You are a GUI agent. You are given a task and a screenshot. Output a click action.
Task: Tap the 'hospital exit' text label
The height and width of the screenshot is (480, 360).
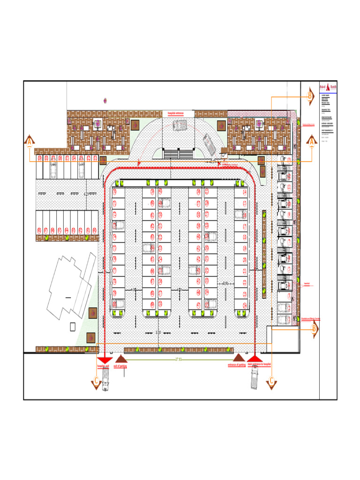pyautogui.click(x=103, y=366)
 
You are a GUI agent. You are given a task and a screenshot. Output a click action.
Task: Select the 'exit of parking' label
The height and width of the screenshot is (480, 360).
pyautogui.click(x=121, y=366)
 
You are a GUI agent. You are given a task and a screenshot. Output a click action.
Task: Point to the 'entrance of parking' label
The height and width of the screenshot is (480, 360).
pyautogui.click(x=237, y=365)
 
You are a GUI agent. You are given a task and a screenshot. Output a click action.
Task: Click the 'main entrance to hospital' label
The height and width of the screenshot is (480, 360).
pyautogui.click(x=260, y=364)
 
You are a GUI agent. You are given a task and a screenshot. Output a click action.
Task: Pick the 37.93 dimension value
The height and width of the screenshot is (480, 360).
pyautogui.click(x=178, y=360)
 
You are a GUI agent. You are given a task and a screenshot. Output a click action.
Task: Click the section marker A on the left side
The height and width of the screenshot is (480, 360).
pyautogui.click(x=30, y=141)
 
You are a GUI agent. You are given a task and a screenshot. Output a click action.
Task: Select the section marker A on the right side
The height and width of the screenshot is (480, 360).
pyautogui.click(x=311, y=141)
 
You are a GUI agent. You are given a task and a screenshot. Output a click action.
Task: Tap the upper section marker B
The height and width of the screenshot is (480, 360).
pyautogui.click(x=310, y=97)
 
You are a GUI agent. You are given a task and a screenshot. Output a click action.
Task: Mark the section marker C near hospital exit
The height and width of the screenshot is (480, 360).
pyautogui.click(x=96, y=382)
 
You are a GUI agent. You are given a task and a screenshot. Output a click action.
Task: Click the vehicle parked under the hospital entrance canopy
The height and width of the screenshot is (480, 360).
pyautogui.click(x=180, y=125)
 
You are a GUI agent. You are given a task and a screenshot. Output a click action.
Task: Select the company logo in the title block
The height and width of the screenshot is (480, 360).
pyautogui.click(x=328, y=88)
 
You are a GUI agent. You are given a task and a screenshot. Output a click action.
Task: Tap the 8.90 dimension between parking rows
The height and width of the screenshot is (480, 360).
pyautogui.click(x=225, y=284)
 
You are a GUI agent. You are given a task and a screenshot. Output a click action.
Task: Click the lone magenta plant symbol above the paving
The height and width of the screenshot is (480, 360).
pyautogui.click(x=105, y=100)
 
